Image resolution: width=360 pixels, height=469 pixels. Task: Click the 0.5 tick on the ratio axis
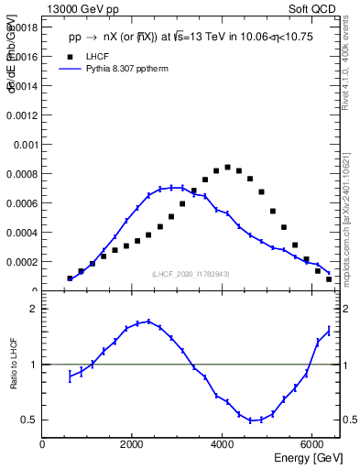28,420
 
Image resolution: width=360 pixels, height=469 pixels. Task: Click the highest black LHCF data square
227,167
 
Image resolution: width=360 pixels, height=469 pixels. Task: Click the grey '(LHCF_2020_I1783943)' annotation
190,275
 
